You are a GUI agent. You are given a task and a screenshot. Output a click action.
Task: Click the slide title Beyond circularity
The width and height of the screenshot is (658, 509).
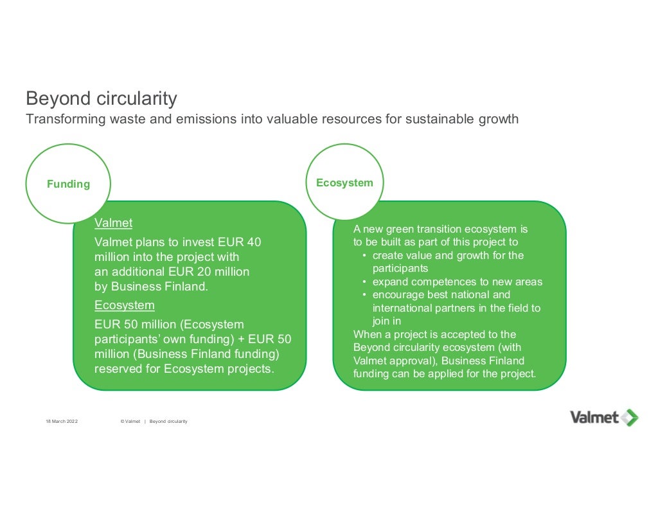click(x=101, y=99)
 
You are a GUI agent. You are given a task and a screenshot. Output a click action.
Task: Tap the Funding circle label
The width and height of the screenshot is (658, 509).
click(x=68, y=184)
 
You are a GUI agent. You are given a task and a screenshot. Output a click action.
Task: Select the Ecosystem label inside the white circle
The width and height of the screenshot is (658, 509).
click(x=344, y=183)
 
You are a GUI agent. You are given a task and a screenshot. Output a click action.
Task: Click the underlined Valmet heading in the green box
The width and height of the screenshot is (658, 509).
click(x=113, y=224)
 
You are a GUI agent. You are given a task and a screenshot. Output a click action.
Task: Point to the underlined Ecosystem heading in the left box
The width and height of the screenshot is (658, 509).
click(x=125, y=305)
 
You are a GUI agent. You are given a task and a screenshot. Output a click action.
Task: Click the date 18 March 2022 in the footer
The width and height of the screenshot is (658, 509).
click(x=61, y=421)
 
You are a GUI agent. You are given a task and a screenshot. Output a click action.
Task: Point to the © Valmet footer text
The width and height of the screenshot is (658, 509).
click(x=130, y=421)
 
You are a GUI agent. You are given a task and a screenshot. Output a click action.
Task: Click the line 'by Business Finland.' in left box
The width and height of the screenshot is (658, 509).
click(x=151, y=287)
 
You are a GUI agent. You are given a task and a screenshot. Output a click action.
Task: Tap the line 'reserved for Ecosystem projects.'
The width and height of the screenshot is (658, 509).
click(x=184, y=369)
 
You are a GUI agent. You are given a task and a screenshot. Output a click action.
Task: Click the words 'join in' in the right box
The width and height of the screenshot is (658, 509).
click(x=386, y=321)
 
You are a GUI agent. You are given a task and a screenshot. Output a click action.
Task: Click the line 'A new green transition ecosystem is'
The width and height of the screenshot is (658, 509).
click(x=440, y=229)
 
